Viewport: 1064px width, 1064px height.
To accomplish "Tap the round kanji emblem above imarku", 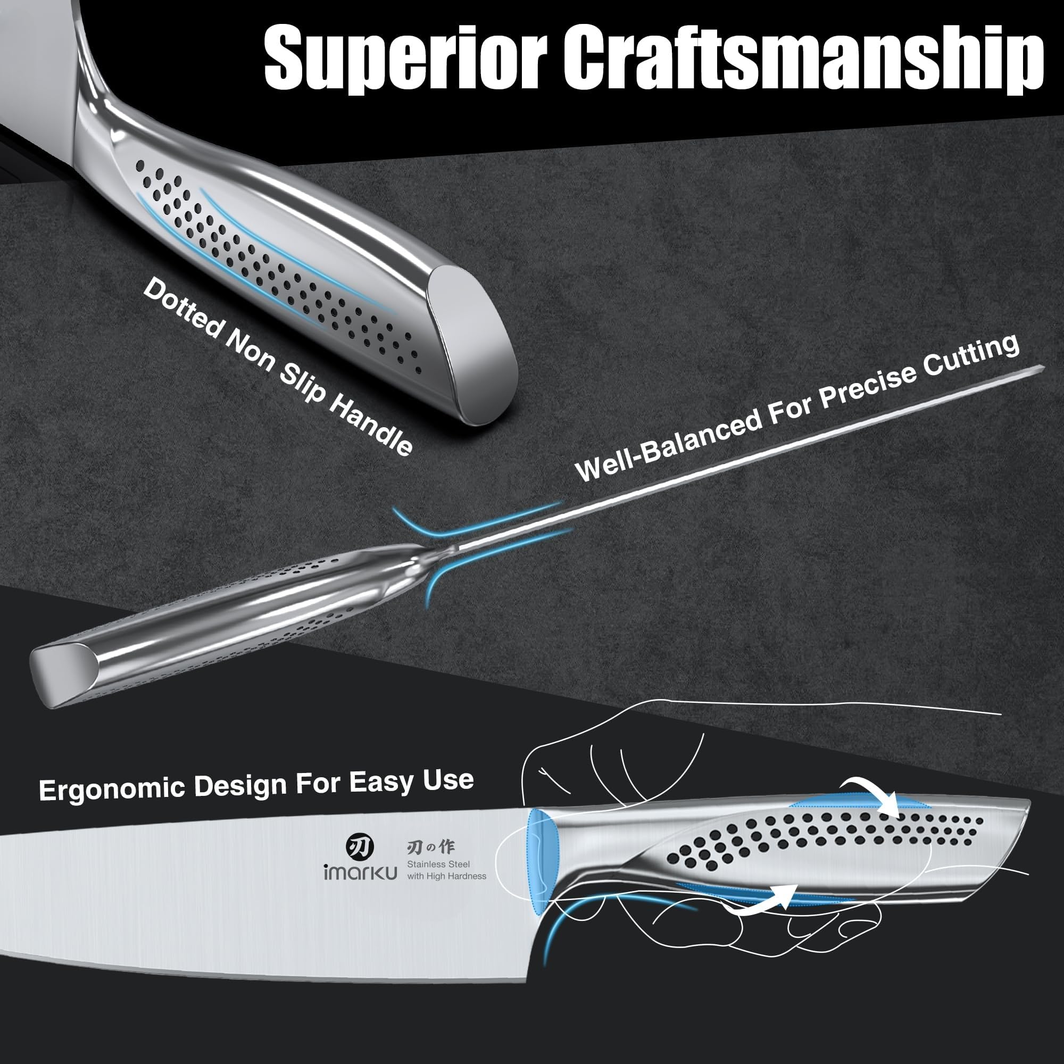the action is (x=359, y=845).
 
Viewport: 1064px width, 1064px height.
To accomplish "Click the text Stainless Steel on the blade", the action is (x=438, y=864).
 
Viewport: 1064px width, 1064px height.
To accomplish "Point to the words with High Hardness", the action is (x=447, y=876).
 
